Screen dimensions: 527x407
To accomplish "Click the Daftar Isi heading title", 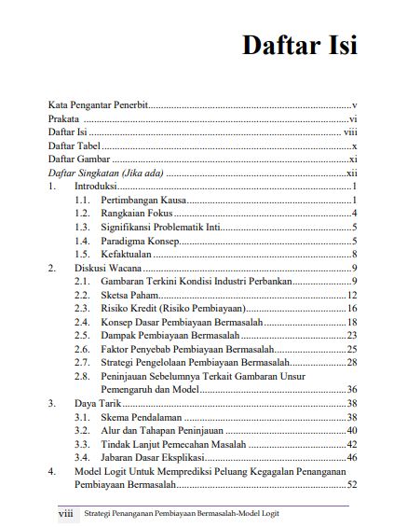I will click(x=300, y=44).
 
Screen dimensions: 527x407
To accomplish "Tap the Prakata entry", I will click(x=64, y=120).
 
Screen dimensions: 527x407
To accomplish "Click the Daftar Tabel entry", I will click(x=74, y=147).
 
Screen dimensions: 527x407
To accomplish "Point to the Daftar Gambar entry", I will click(x=77, y=160).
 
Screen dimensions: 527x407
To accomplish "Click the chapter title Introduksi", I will click(x=95, y=187).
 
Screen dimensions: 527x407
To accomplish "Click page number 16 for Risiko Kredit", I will click(x=352, y=308).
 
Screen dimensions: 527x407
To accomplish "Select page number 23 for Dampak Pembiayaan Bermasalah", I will click(x=352, y=335).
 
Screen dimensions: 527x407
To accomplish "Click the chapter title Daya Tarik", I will click(x=97, y=403).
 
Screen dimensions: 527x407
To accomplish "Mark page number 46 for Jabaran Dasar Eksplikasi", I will click(x=352, y=457).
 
